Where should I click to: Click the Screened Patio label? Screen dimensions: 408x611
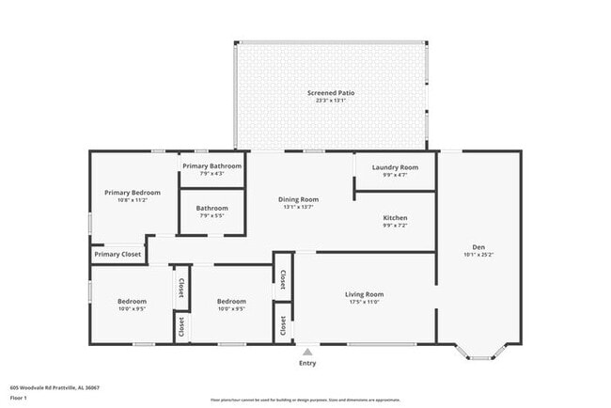point(330,92)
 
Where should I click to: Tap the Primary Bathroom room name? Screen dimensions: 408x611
point(211,166)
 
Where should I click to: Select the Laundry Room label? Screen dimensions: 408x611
point(395,166)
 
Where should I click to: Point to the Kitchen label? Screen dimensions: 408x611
point(395,217)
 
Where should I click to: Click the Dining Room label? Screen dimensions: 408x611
point(298,199)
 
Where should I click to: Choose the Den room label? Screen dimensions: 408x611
point(478,247)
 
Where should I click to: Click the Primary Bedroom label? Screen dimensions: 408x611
point(133,193)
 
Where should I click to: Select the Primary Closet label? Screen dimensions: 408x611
point(117,254)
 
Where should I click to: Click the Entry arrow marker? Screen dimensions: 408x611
point(307,352)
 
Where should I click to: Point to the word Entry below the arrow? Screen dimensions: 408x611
point(307,363)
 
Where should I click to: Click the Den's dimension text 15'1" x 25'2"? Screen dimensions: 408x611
point(478,255)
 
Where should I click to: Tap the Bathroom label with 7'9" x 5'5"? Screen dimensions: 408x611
point(211,208)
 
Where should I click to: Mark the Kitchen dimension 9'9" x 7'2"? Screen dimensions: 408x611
point(395,225)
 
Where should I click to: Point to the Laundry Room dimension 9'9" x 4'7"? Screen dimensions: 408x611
point(395,174)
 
